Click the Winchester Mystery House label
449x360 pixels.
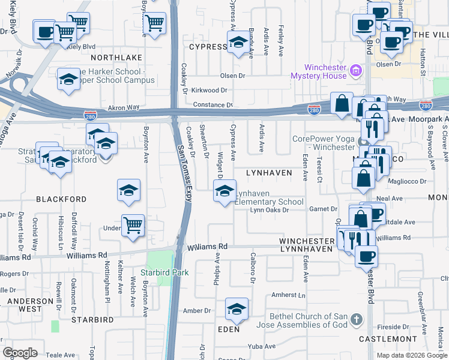[319, 71]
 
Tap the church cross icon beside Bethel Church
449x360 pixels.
[357, 319]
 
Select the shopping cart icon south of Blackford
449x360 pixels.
[133, 226]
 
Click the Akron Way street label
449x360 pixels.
[124, 108]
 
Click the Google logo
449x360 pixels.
[20, 353]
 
